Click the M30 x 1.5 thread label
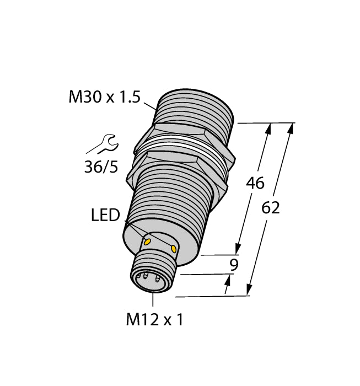pyautogui.click(x=104, y=98)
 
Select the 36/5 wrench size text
pyautogui.click(x=101, y=167)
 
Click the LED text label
pyautogui.click(x=105, y=216)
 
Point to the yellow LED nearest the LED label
pyautogui.click(x=147, y=241)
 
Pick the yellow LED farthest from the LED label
pyautogui.click(x=174, y=250)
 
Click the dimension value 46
pyautogui.click(x=255, y=183)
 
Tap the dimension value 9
pyautogui.click(x=234, y=265)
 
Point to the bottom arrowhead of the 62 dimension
pyautogui.click(x=250, y=290)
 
